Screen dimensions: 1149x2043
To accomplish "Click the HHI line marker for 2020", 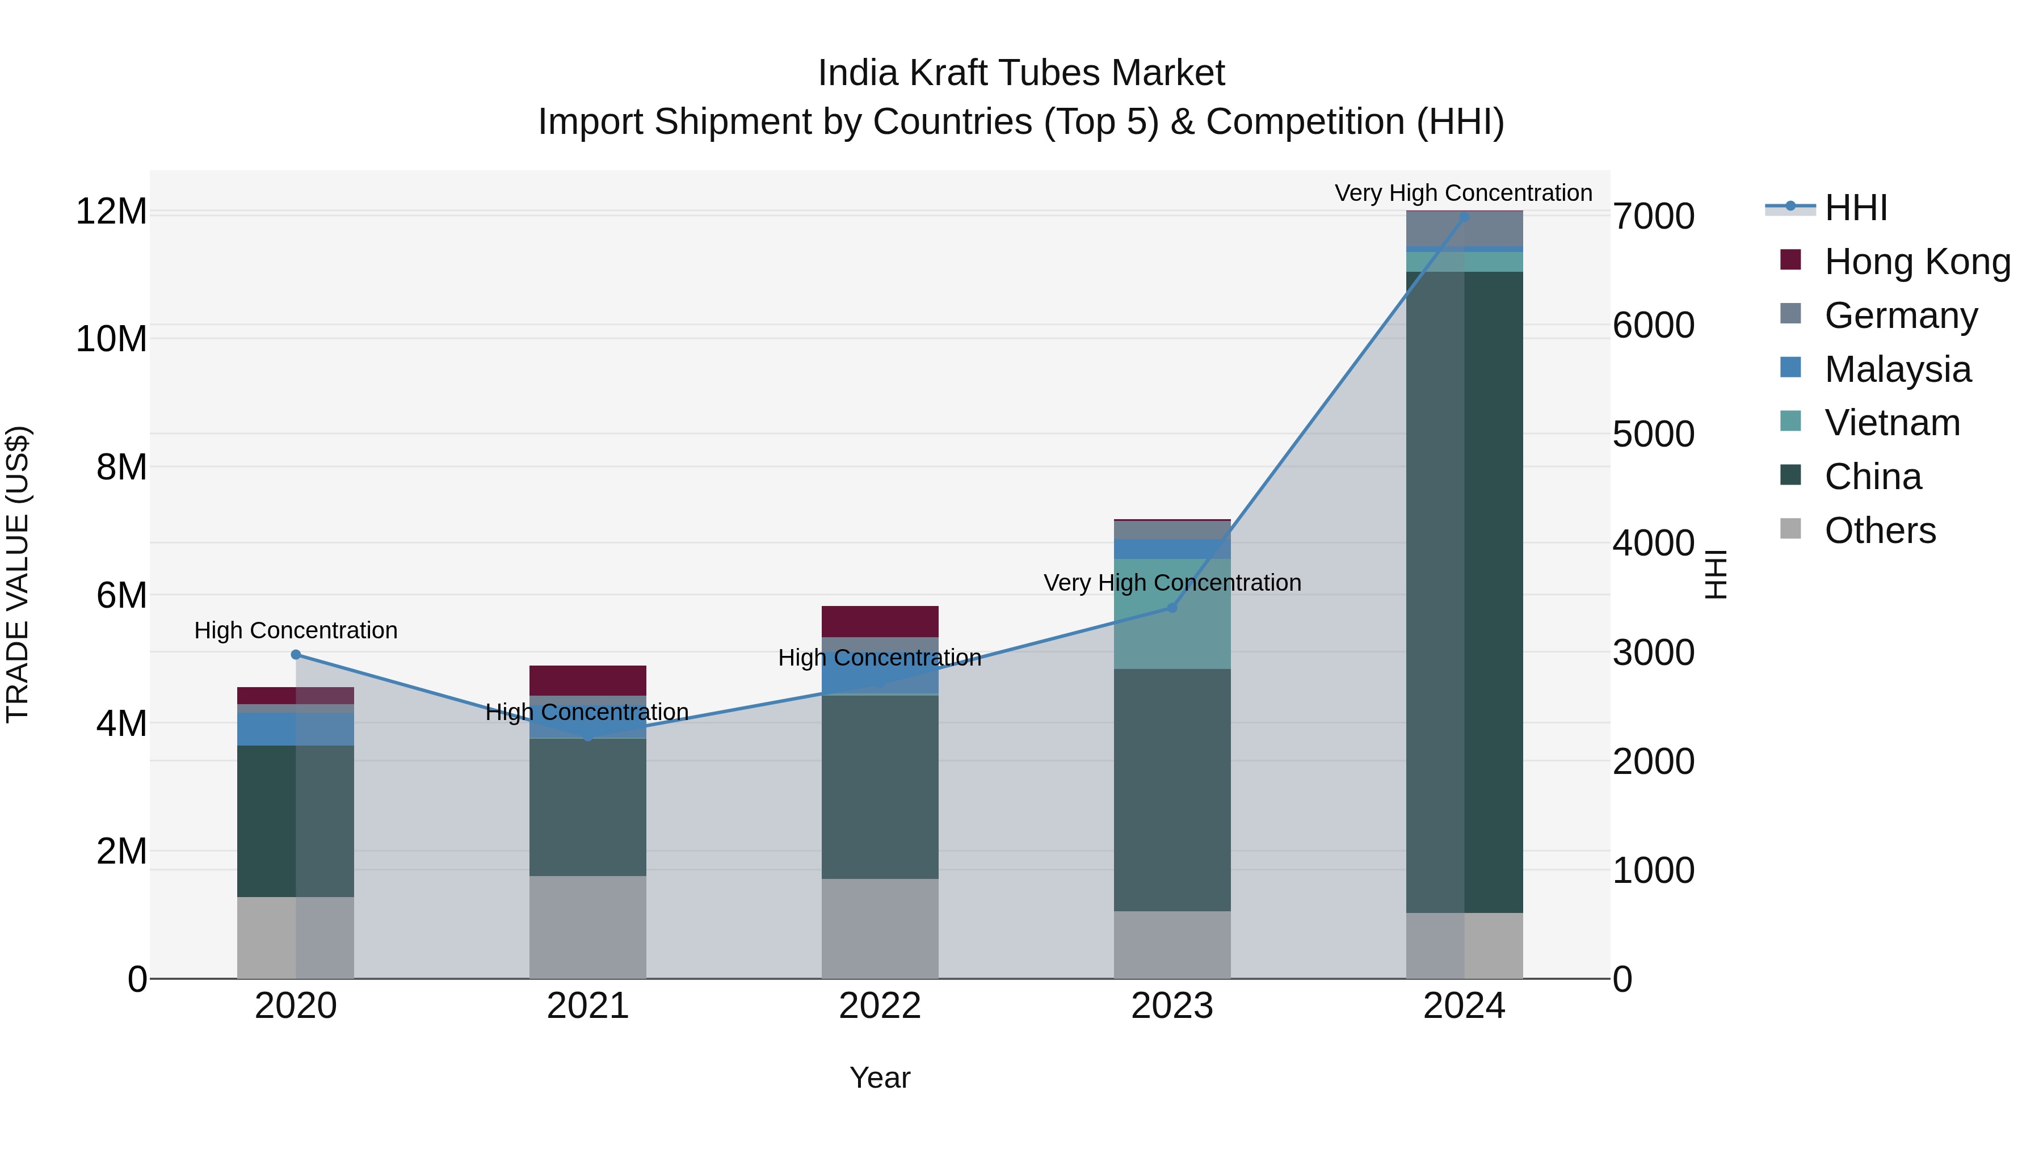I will pos(296,654).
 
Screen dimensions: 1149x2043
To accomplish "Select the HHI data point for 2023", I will pos(1172,607).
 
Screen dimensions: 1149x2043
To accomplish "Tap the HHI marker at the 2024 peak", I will pos(1464,217).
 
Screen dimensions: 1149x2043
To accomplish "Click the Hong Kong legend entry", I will pos(1917,262).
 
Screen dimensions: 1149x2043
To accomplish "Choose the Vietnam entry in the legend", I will pos(1891,423).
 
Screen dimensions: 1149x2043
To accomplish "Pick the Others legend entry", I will pos(1880,531).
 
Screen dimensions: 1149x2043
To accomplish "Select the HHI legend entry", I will pos(1855,208).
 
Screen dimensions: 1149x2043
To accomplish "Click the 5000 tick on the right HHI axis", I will pos(1654,435).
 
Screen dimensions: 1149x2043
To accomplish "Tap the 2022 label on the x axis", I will pos(880,1006).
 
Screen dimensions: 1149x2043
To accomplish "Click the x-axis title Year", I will pos(880,1078).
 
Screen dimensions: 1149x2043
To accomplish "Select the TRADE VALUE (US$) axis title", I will pos(18,574).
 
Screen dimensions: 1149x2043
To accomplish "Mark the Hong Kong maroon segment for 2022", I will pos(880,621).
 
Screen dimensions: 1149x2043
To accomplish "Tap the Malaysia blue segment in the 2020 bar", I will pos(267,729).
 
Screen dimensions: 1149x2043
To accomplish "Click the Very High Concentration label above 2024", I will pos(1463,193).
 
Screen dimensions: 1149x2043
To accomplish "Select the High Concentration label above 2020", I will pos(296,630).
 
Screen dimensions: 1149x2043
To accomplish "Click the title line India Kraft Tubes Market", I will pos(1021,73).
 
